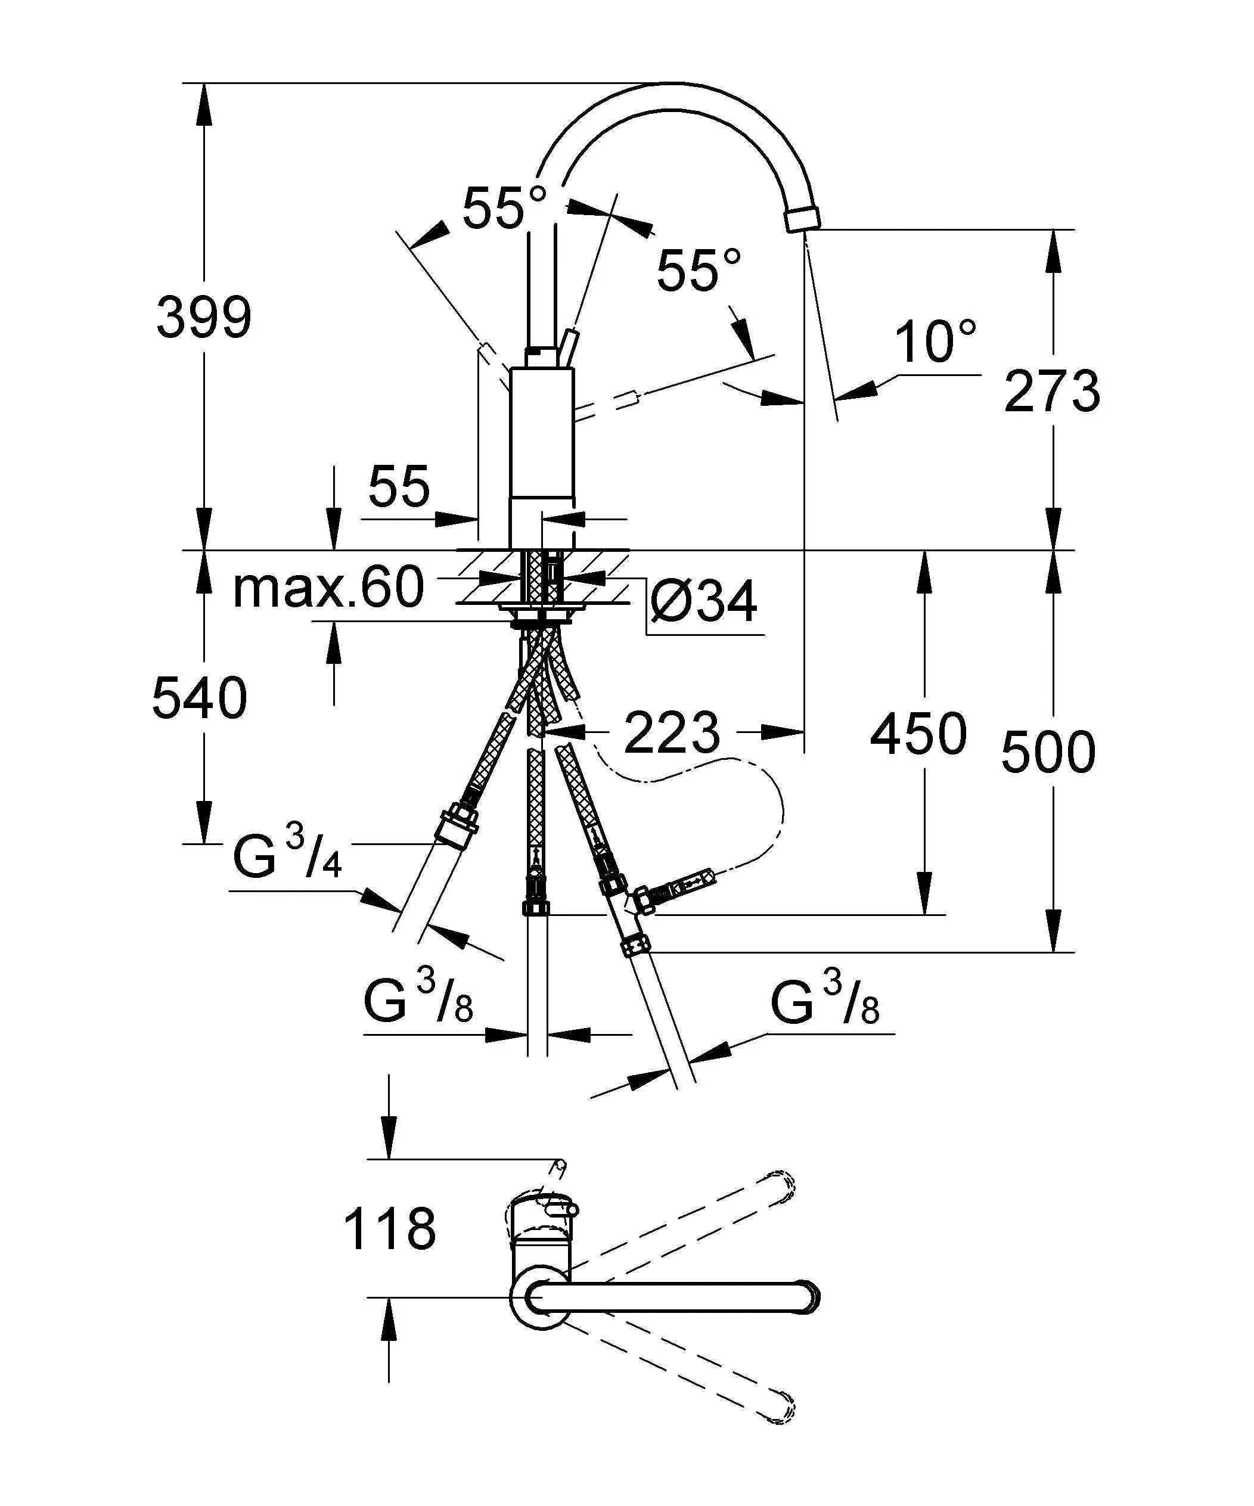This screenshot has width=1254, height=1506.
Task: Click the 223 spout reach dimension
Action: coord(671,733)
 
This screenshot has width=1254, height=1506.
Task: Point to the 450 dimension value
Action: coord(918,734)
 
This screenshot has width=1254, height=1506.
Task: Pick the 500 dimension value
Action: coord(1047,752)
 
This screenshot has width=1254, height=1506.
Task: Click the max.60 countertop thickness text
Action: coord(328,588)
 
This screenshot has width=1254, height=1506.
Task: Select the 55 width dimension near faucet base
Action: coord(399,487)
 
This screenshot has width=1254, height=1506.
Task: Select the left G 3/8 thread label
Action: coord(418,1001)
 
